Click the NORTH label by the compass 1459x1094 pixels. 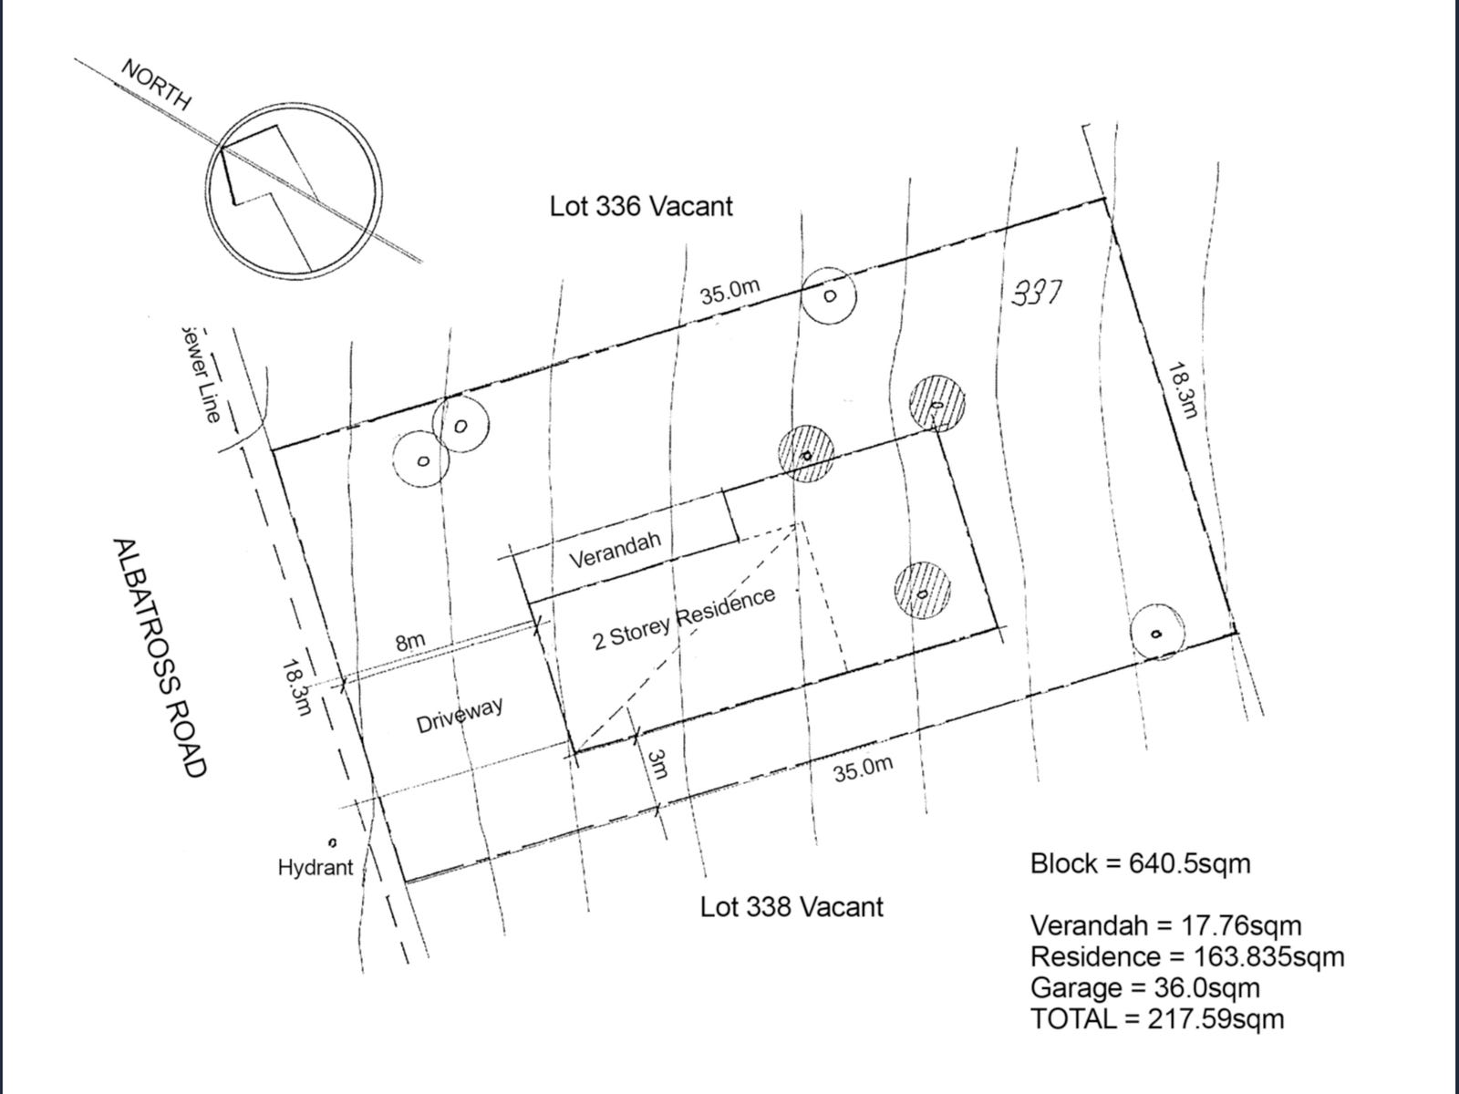156,85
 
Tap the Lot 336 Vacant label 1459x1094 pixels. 640,206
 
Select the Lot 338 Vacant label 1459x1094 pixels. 792,907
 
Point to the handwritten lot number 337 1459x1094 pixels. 1038,293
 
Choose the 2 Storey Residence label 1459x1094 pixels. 684,617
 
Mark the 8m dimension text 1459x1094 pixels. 410,641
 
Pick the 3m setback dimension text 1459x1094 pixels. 657,764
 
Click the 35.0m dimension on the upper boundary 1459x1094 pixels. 729,292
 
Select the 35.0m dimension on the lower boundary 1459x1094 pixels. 863,769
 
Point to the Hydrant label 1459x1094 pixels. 316,867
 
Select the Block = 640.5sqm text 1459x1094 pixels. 1140,863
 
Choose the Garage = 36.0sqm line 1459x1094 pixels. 1144,987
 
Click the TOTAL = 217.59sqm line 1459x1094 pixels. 1157,1018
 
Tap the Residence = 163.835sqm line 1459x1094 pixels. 1187,956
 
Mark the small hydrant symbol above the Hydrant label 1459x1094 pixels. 333,842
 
